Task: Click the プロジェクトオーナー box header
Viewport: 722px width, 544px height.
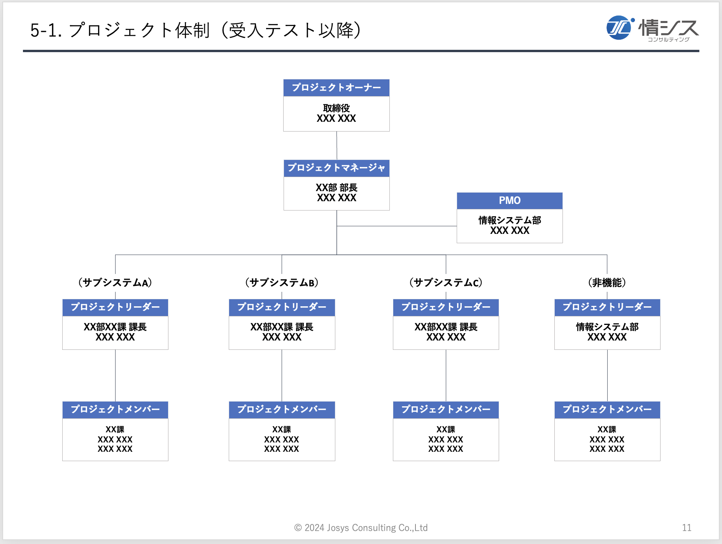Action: [336, 88]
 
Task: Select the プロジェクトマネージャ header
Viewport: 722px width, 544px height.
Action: [336, 168]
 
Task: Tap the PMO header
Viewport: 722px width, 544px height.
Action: [510, 201]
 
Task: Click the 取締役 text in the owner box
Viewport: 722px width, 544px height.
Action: [336, 108]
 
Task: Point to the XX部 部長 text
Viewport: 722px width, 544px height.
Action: [336, 188]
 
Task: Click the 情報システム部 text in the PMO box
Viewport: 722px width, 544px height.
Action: [510, 220]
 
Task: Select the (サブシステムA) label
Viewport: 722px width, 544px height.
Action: [115, 283]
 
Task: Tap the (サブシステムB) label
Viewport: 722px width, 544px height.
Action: [282, 283]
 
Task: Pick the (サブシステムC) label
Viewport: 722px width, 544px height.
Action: [446, 283]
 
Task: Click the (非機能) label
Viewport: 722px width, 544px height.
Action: [607, 283]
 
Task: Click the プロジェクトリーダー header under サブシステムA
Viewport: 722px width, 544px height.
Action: [115, 307]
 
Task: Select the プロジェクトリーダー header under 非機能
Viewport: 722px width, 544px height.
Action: [607, 307]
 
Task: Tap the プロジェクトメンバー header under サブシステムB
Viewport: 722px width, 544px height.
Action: [282, 410]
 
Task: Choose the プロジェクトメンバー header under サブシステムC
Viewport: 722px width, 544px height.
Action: [446, 410]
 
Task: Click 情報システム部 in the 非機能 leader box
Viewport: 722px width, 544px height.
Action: [607, 327]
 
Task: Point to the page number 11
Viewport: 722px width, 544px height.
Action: [687, 528]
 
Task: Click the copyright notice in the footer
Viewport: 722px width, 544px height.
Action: [361, 528]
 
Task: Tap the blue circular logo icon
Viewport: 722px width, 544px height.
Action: [619, 28]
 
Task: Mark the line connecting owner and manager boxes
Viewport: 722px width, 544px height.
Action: [336, 146]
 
